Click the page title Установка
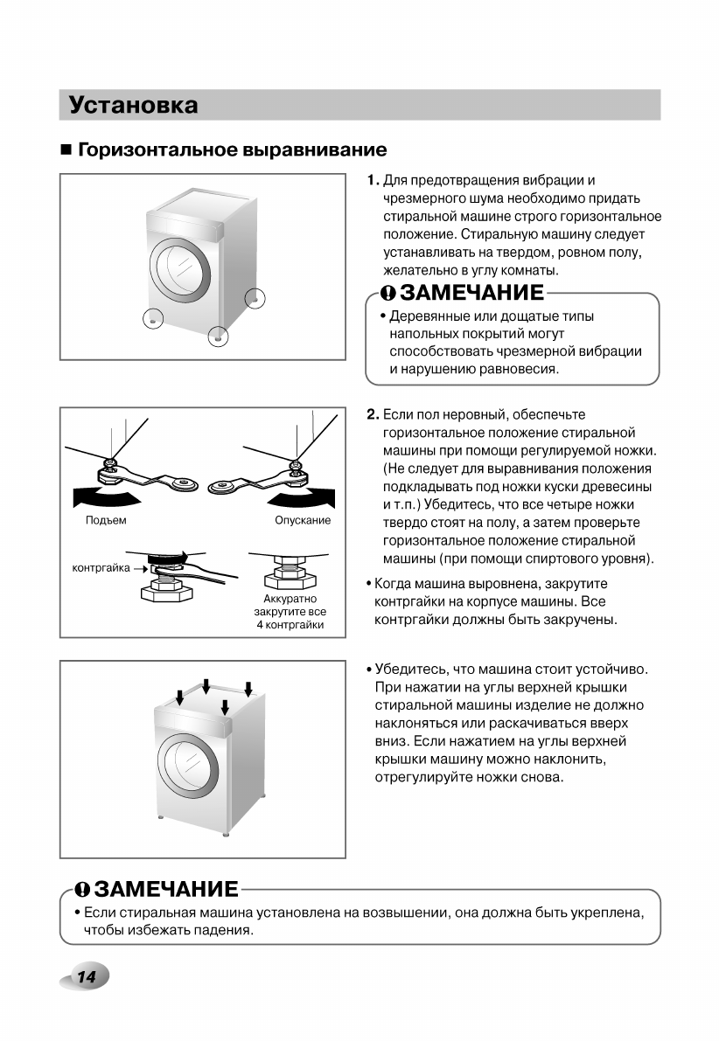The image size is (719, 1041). (x=133, y=106)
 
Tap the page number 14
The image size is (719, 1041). (x=85, y=977)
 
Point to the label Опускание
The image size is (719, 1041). (x=303, y=521)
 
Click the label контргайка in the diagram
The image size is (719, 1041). (x=100, y=568)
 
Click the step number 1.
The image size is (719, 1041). (x=373, y=181)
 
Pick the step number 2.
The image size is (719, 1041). (x=373, y=414)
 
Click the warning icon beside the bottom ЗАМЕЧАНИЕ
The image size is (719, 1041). (x=81, y=890)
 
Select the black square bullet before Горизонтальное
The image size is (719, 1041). (x=66, y=149)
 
